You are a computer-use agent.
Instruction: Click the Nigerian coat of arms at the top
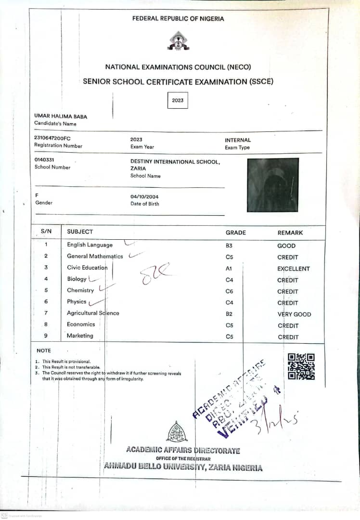click(178, 41)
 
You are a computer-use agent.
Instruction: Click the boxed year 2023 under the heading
click(178, 101)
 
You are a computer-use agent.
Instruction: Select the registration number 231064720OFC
click(52, 138)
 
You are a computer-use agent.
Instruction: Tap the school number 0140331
click(46, 160)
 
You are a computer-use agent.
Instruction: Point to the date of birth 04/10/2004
click(144, 196)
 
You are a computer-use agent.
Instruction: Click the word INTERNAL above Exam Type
click(238, 140)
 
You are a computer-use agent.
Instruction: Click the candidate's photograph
click(273, 185)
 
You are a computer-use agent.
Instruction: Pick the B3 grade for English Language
click(229, 246)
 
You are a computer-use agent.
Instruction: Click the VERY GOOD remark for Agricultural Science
click(294, 314)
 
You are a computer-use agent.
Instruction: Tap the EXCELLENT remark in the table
click(294, 269)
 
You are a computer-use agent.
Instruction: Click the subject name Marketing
click(80, 336)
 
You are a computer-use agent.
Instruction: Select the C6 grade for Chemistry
click(229, 291)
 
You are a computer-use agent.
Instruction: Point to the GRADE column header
click(236, 233)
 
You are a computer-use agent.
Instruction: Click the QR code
click(301, 366)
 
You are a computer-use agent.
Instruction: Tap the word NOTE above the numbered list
click(44, 351)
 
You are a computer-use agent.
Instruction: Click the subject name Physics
click(77, 302)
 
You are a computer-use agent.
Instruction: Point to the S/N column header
click(46, 231)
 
